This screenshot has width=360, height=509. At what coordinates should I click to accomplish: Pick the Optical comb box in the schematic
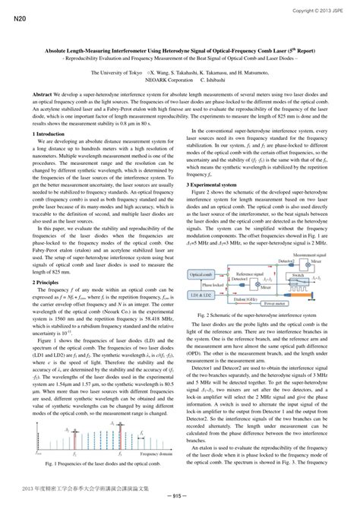click(x=201, y=273)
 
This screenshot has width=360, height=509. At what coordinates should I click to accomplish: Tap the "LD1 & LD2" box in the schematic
click(x=201, y=293)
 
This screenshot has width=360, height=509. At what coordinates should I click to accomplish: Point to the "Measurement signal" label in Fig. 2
click(x=307, y=256)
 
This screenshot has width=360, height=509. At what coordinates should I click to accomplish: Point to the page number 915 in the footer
click(x=179, y=495)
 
